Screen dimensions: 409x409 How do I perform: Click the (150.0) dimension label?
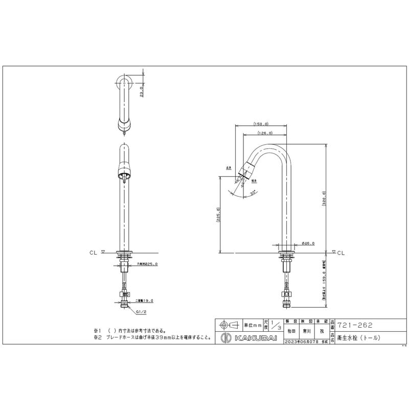(x=261, y=124)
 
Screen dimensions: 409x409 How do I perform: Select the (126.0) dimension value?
(x=264, y=133)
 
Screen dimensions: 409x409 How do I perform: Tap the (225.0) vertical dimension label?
(x=219, y=216)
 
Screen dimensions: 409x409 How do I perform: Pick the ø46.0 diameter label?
(x=308, y=243)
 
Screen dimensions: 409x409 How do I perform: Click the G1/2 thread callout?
(x=142, y=310)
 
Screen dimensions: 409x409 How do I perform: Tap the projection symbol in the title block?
(x=228, y=325)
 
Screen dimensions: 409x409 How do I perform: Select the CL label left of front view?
(x=93, y=252)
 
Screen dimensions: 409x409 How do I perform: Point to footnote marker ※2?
(x=97, y=337)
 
